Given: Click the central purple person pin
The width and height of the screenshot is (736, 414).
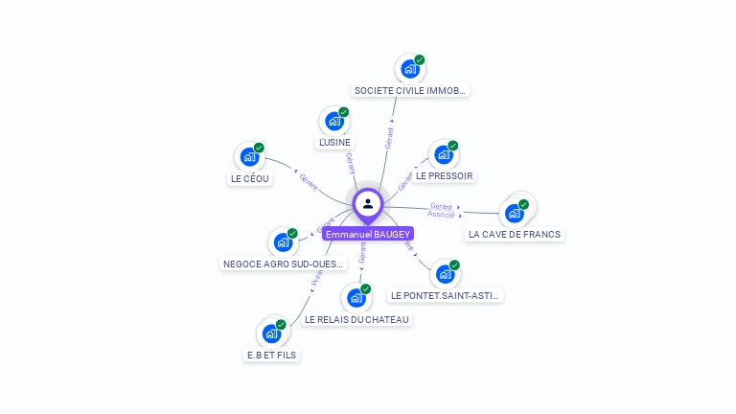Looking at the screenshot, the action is (x=368, y=203).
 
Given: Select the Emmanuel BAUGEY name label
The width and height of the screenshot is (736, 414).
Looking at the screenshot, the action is (x=368, y=234).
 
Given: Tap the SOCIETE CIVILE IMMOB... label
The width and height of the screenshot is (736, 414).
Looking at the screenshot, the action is (x=410, y=90).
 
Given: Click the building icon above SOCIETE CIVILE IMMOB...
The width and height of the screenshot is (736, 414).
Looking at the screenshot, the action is (x=410, y=69).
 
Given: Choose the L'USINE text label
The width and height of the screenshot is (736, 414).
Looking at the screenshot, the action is (x=334, y=143).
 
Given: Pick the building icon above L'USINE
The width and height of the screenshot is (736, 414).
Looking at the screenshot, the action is (x=334, y=121).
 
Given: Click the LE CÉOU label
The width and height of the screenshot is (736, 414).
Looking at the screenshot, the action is (x=251, y=178).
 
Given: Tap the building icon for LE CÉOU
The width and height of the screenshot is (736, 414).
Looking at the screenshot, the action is (x=250, y=156).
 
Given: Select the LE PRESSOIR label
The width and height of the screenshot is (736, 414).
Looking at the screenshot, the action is (x=445, y=176).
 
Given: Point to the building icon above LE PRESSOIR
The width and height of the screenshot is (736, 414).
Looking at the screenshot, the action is (x=443, y=154).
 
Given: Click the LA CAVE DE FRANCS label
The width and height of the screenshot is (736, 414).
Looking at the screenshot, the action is (x=515, y=234).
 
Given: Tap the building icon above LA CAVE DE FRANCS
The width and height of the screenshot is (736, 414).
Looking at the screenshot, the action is (x=516, y=212).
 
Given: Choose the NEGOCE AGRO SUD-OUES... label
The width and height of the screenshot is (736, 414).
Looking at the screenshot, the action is (x=284, y=264).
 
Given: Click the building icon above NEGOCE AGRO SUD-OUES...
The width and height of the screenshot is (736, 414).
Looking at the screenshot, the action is (x=284, y=241).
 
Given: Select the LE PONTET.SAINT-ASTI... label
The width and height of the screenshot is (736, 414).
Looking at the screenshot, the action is (x=446, y=295).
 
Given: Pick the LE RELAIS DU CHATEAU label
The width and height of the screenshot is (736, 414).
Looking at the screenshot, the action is (x=356, y=319).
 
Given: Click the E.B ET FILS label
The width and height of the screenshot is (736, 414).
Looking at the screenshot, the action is (x=272, y=355).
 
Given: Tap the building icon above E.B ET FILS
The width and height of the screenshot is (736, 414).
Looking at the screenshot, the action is (x=272, y=333).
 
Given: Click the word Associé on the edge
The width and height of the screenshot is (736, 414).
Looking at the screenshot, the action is (x=441, y=215).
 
